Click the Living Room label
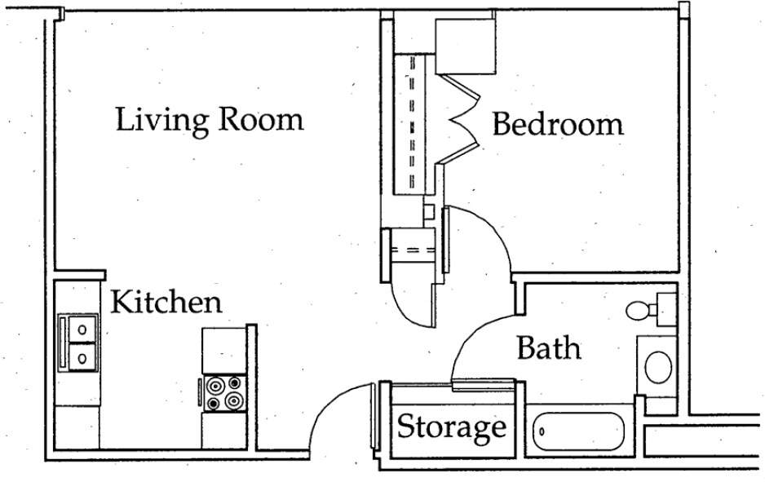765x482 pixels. [x=210, y=120]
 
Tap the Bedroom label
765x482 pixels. [x=558, y=124]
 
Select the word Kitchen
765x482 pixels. [x=166, y=302]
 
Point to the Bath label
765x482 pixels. [x=549, y=348]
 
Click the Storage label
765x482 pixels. [x=451, y=427]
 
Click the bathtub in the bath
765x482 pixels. [x=578, y=432]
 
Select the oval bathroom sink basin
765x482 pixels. [x=658, y=367]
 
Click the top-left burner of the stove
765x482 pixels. [x=214, y=386]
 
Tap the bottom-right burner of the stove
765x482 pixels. [x=235, y=401]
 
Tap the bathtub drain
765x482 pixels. [x=542, y=431]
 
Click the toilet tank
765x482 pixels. [x=666, y=310]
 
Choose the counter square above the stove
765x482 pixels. [x=224, y=351]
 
